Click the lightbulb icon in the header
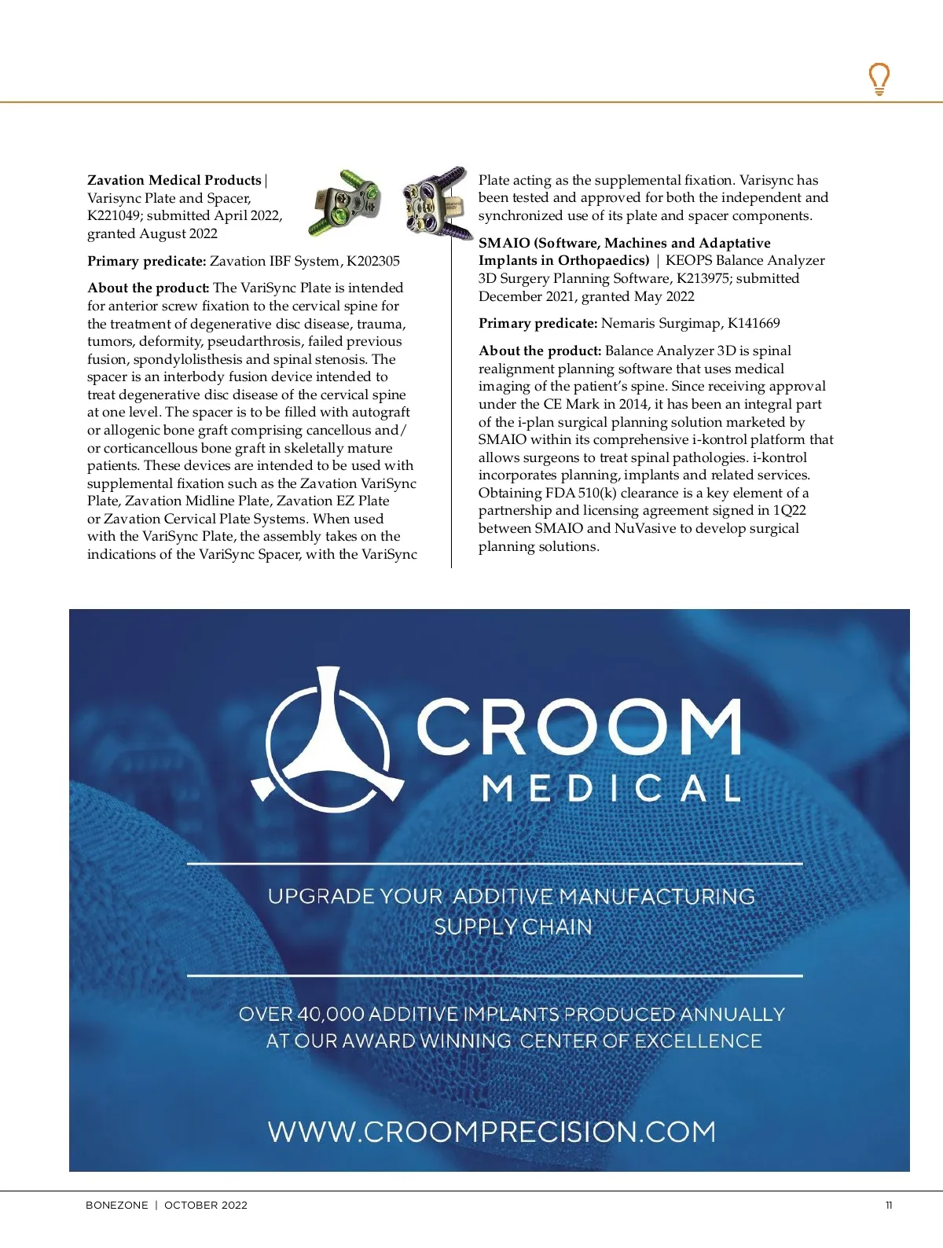click(x=879, y=79)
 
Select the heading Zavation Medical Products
click(x=174, y=180)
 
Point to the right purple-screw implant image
click(x=435, y=201)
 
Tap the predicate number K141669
click(x=754, y=323)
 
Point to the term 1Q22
click(x=789, y=510)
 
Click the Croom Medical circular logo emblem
click(x=328, y=739)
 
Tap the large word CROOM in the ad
click(x=578, y=727)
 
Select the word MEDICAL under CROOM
click(x=611, y=787)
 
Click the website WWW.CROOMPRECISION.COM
click(x=492, y=1132)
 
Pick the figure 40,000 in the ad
click(x=330, y=1015)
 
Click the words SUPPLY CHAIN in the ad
click(x=512, y=927)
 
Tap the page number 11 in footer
click(x=889, y=1206)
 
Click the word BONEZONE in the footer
click(x=116, y=1206)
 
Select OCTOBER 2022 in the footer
click(x=206, y=1206)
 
